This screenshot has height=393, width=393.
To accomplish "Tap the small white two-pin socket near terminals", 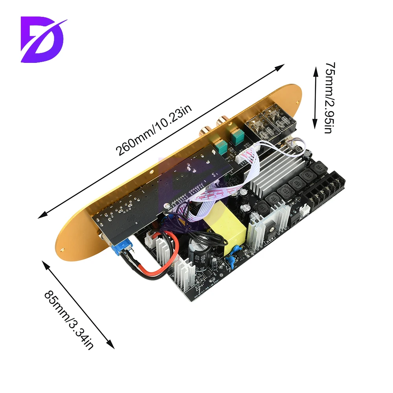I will tap(305, 210).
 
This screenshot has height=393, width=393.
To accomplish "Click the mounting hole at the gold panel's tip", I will tap(62, 249).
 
